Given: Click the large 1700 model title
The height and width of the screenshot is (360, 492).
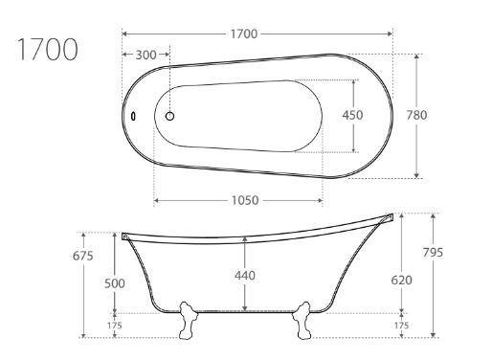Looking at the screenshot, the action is [47, 49].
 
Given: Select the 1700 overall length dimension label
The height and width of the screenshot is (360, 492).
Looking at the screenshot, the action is [244, 34].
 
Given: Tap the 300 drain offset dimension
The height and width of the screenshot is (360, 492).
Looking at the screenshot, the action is [145, 55].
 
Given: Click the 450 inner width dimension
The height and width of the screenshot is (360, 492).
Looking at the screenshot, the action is [352, 115].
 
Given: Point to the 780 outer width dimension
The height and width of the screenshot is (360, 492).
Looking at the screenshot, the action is [416, 115].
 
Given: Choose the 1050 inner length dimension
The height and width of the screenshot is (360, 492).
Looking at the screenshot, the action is [245, 200].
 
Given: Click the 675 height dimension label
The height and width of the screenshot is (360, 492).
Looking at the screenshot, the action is [83, 256].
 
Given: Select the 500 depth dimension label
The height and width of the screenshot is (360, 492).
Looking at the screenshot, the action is [115, 283].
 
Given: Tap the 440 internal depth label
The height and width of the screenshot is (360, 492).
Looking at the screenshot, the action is [245, 276].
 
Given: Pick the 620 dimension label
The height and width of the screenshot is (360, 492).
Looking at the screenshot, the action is [401, 280].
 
